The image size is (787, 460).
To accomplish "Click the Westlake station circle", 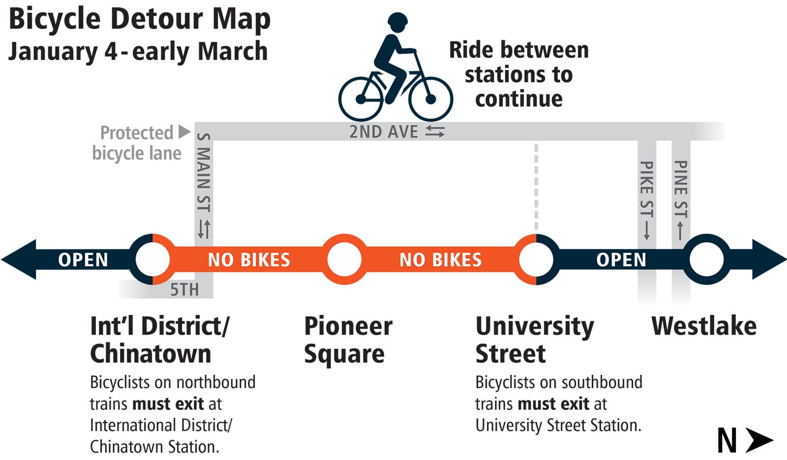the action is (x=706, y=259).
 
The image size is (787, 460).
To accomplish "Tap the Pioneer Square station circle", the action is (x=344, y=259).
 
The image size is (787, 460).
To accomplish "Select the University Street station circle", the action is (x=536, y=259).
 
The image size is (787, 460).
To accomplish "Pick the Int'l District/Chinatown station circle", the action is (x=152, y=259).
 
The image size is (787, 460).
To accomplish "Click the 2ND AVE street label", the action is (x=384, y=132).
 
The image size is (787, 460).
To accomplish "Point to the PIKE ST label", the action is (x=646, y=189).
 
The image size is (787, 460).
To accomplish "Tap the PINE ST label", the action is (x=681, y=189).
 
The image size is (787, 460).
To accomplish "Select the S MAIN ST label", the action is (x=204, y=172).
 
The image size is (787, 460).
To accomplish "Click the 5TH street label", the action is (x=184, y=290).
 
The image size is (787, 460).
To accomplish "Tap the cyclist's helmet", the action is (x=397, y=21).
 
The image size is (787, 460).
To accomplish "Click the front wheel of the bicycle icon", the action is (x=430, y=99).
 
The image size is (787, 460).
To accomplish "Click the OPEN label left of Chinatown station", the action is (x=83, y=260).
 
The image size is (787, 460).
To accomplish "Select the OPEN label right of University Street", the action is (x=621, y=260).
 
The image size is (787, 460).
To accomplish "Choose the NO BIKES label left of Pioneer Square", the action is (x=249, y=260).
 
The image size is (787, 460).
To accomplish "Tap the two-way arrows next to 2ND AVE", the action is (x=435, y=131).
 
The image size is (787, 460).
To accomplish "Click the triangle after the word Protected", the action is (x=184, y=132).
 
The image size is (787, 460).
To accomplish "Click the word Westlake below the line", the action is (x=704, y=326).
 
